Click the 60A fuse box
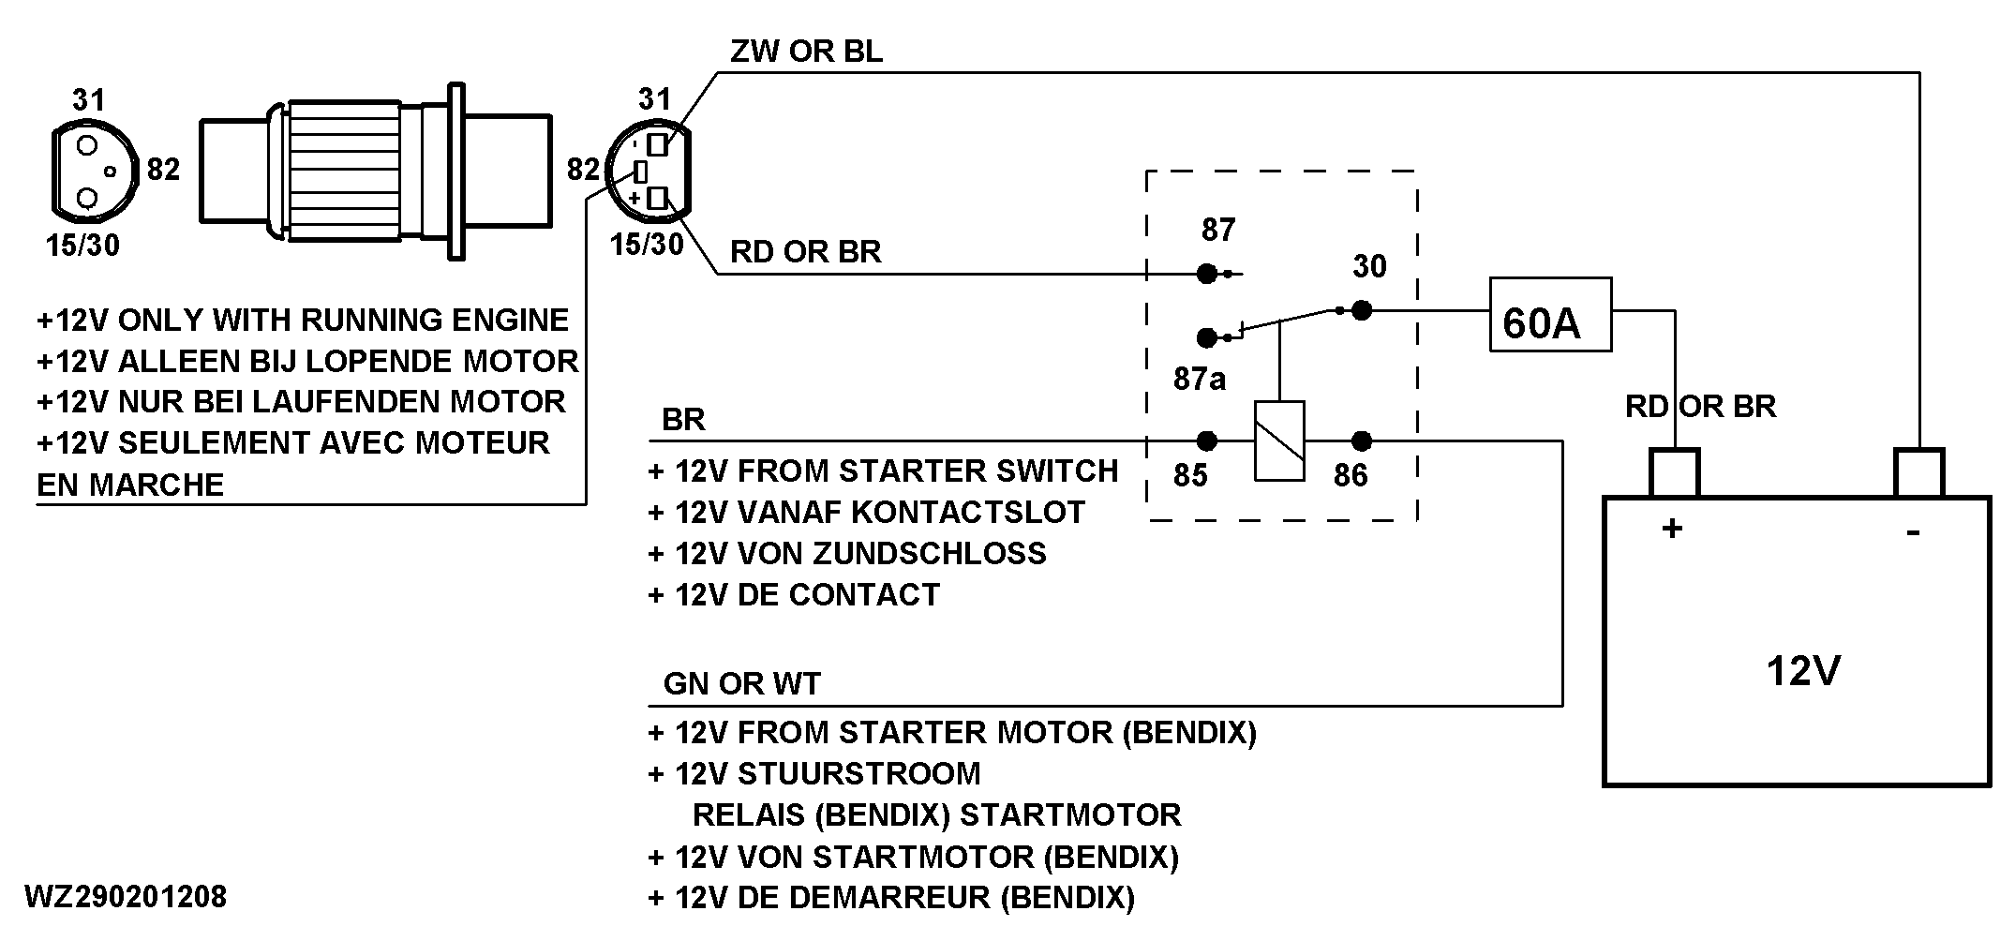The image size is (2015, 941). [x=1550, y=315]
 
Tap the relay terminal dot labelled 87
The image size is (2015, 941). [x=1207, y=274]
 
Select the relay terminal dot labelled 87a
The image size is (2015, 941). [x=1207, y=336]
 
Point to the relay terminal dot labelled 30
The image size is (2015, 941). [x=1362, y=309]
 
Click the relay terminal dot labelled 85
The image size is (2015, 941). [x=1207, y=441]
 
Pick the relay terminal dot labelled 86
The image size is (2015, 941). [x=1362, y=441]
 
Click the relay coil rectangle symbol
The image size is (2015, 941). [x=1279, y=441]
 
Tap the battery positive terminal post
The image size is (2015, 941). [x=1674, y=472]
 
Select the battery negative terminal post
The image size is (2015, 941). [x=1919, y=472]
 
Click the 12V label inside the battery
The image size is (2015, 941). [x=1802, y=671]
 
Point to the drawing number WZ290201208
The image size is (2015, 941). [x=126, y=897]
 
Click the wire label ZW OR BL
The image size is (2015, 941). [x=806, y=52]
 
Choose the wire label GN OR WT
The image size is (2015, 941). [x=741, y=684]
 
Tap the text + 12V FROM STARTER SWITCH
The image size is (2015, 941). [x=883, y=470]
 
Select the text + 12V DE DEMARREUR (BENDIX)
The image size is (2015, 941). [x=891, y=898]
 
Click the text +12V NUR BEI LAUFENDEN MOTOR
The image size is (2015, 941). [x=301, y=402]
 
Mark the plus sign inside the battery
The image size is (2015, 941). [x=1672, y=530]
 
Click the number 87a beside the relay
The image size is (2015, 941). [x=1200, y=379]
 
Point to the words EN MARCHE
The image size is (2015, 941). [x=130, y=485]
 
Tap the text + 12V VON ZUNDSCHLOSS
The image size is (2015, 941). [x=847, y=553]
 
